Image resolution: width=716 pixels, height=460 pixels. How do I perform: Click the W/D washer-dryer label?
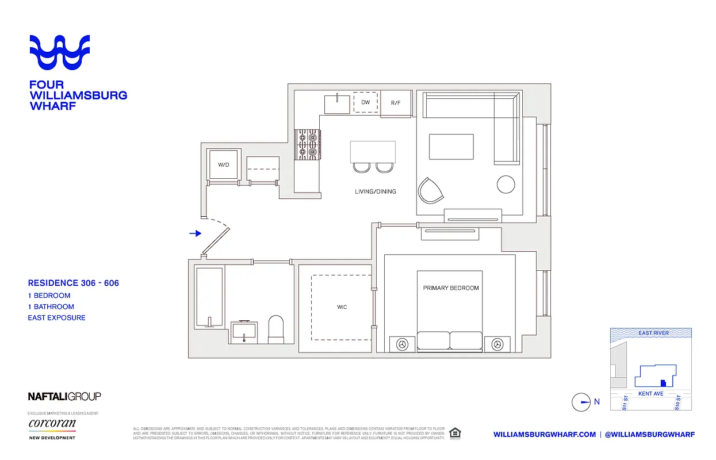223,165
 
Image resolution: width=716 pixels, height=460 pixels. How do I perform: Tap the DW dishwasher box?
365,102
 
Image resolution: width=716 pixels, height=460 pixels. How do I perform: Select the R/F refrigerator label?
396,103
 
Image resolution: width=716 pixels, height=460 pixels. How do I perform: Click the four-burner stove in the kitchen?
307,144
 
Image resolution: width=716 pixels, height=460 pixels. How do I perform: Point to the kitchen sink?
337,104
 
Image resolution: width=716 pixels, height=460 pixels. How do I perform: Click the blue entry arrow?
196,233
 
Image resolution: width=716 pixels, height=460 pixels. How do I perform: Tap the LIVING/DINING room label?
375,191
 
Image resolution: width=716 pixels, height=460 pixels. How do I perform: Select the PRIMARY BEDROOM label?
450,288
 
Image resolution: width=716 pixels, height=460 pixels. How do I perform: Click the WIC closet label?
342,307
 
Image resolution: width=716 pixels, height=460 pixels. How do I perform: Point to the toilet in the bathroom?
277,328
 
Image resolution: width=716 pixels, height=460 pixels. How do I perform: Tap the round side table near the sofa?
507,184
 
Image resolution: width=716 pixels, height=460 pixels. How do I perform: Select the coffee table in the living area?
451,147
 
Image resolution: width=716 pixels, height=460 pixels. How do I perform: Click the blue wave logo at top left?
60,52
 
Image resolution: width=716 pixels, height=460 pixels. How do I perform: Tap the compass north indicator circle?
581,402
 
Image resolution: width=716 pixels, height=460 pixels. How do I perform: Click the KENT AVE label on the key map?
650,394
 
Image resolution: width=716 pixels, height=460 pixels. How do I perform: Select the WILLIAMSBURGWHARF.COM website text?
544,435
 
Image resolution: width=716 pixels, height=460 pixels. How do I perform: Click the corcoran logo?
52,424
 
